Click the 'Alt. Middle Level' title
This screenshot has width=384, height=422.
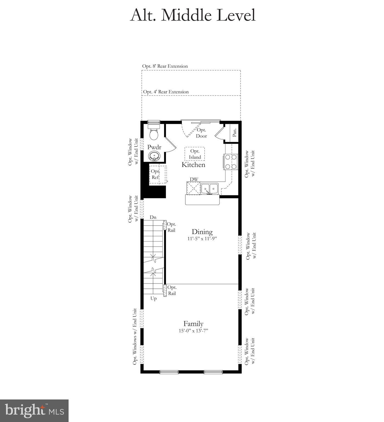[x=193, y=15]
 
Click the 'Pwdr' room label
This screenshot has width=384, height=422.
[x=154, y=147]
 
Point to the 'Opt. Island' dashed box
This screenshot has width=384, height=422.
[x=194, y=154]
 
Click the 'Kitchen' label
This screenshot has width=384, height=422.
[x=193, y=165]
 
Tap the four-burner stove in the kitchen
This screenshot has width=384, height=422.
[x=230, y=162]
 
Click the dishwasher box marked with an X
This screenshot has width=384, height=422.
[x=193, y=188]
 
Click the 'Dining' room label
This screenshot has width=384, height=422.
[x=202, y=232]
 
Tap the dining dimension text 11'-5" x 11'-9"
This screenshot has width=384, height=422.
[x=202, y=238]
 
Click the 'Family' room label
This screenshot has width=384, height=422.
[x=193, y=324]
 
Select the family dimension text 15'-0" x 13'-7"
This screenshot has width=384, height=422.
[x=193, y=331]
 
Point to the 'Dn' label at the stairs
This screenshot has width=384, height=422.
[x=153, y=217]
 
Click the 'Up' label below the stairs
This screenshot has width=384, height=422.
[x=153, y=298]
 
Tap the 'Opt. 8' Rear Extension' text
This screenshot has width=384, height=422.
[x=165, y=66]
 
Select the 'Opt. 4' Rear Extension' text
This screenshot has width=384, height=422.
[x=166, y=92]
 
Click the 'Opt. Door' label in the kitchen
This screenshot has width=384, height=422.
[x=201, y=133]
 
